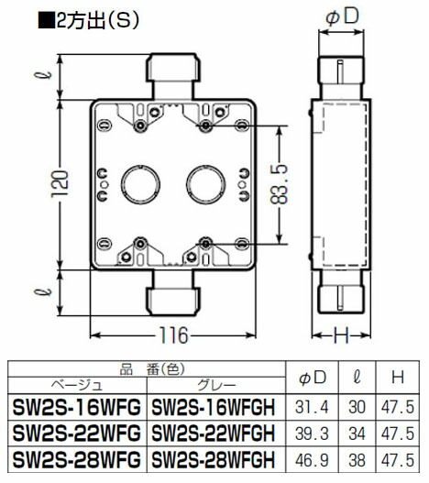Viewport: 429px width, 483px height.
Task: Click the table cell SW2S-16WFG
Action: [x=74, y=406]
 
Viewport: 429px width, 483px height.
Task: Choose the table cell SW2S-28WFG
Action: [x=74, y=456]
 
